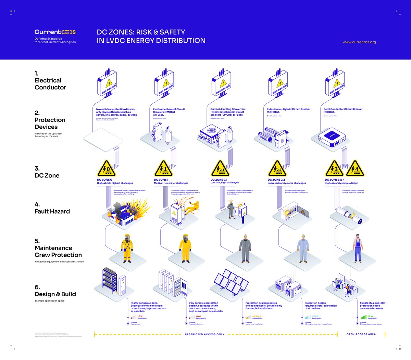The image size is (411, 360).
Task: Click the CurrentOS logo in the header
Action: [x=55, y=32]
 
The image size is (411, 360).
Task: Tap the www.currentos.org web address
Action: [x=359, y=42]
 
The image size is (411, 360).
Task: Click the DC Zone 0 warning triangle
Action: [x=107, y=169]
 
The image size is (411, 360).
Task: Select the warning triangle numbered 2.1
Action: [x=220, y=169]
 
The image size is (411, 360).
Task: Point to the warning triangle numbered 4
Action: [x=355, y=169]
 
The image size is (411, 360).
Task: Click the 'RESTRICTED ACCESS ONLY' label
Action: [x=204, y=334]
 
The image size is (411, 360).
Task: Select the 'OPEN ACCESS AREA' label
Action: [x=361, y=334]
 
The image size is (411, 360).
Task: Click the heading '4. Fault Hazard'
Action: [x=52, y=208]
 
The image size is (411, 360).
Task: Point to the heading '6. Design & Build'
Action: [x=55, y=291]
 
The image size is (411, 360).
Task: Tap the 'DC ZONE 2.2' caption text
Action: [x=276, y=180]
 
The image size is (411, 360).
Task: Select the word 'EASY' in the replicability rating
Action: [x=370, y=316]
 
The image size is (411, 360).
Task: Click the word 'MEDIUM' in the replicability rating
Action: [x=257, y=316]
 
